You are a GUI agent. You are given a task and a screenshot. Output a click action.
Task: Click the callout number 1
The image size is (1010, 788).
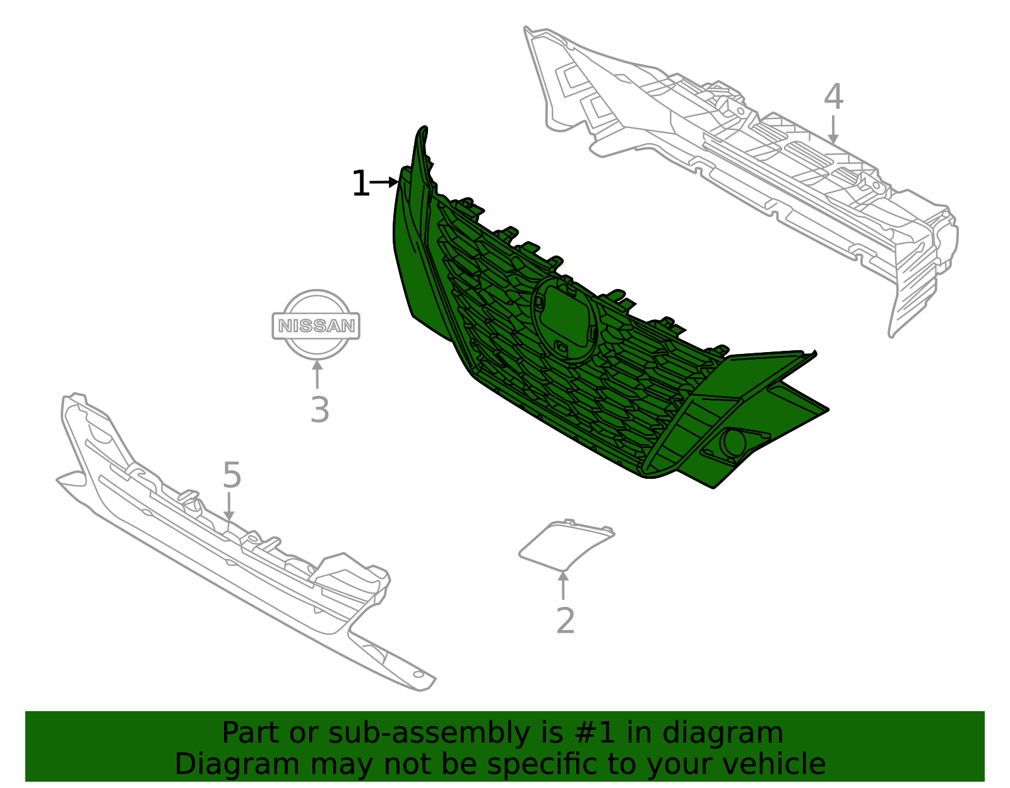[360, 184]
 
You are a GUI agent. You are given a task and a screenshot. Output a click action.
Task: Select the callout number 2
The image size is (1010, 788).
[565, 621]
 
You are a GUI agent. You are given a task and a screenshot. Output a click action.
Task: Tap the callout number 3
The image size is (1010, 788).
[319, 410]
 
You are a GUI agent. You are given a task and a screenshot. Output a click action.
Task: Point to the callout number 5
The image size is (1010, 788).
[232, 475]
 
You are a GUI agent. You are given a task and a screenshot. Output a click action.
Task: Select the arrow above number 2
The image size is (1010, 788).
[563, 585]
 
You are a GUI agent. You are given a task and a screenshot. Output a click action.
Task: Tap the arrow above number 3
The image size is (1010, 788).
[317, 373]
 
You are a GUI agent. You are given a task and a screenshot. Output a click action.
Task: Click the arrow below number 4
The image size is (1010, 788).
[833, 129]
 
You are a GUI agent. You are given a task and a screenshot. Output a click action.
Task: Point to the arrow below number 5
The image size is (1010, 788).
[229, 507]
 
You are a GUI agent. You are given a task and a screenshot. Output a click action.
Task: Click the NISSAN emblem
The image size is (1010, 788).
[316, 325]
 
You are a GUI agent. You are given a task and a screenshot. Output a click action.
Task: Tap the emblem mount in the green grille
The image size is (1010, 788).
[565, 319]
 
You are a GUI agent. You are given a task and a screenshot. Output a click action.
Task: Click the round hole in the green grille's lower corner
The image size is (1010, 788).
[734, 442]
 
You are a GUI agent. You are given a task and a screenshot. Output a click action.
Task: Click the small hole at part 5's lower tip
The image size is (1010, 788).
[418, 674]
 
